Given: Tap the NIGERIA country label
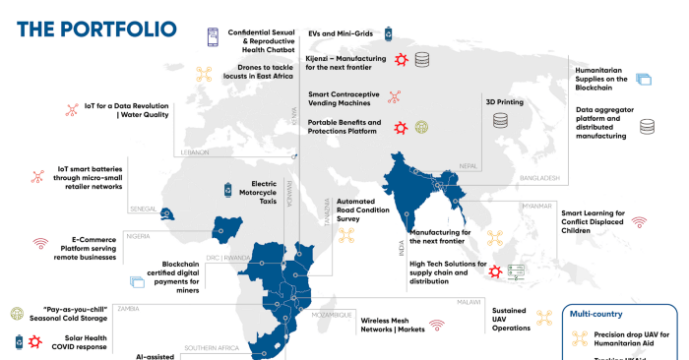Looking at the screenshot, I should point(137,237).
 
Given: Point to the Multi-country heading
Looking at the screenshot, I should point(596,314).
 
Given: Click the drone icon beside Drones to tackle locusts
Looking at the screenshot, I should point(205,75).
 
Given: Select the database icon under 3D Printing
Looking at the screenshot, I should point(501,121).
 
